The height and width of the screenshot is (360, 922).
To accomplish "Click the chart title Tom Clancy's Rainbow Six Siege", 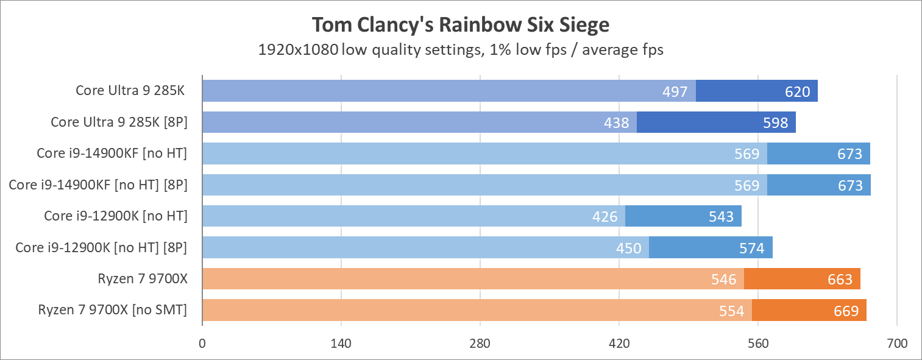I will click(x=461, y=25).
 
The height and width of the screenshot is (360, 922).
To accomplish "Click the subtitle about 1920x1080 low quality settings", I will click(x=461, y=50).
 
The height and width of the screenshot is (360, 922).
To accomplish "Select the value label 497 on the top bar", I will click(x=675, y=91).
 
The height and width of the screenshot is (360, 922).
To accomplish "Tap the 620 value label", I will click(x=797, y=91).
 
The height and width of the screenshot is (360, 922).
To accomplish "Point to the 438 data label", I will click(x=616, y=123).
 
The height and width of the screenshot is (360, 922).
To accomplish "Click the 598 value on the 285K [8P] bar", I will click(x=775, y=123).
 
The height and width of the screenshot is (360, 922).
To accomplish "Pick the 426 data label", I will click(x=605, y=216).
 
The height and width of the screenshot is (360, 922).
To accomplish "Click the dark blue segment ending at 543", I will click(x=683, y=216).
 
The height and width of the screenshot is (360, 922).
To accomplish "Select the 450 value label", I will click(x=628, y=248).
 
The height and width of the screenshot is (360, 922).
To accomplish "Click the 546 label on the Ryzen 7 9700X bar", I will click(x=723, y=280).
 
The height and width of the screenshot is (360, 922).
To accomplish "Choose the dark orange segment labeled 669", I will click(x=809, y=311).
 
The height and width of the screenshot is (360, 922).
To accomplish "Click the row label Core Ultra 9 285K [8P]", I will click(x=119, y=122).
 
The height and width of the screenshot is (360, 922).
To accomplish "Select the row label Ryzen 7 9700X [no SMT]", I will click(x=112, y=310).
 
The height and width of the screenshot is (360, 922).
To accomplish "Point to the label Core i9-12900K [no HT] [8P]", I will click(x=101, y=247).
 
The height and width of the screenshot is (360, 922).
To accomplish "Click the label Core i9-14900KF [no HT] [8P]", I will click(x=98, y=185).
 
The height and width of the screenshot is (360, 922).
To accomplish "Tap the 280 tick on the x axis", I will click(x=480, y=344).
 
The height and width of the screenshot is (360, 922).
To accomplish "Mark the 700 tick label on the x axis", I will click(x=897, y=344).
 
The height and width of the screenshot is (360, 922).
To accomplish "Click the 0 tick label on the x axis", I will click(x=202, y=344).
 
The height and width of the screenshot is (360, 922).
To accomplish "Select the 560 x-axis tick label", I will click(x=758, y=344).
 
